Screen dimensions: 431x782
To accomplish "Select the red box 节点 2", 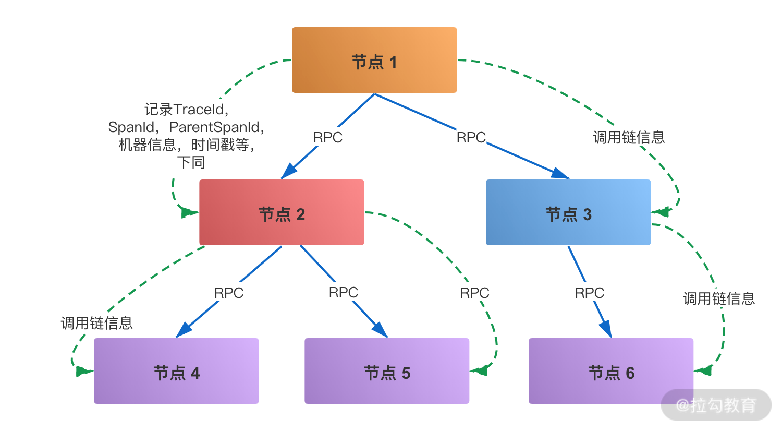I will [x=282, y=213].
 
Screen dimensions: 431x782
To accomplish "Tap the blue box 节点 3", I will [x=568, y=213].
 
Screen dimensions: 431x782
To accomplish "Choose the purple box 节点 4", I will [x=176, y=372].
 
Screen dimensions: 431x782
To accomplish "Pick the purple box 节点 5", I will [x=387, y=372].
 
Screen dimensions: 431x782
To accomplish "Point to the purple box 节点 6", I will [x=611, y=372].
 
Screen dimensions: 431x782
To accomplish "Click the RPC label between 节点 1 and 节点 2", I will [x=328, y=137].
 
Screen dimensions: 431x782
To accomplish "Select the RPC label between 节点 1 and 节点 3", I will [x=471, y=137].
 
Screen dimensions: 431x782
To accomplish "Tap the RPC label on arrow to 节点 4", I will [x=229, y=293].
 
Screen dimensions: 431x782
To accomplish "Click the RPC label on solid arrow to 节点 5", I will [x=344, y=292].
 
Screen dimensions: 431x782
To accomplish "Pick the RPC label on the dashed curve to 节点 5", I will [x=474, y=293].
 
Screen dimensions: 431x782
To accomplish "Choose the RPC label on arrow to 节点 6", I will [x=590, y=293].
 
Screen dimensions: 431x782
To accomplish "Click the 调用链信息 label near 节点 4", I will [x=97, y=323].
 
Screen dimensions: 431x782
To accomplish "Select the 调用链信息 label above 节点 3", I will [x=629, y=137].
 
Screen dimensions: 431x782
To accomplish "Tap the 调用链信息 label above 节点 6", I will [x=719, y=298].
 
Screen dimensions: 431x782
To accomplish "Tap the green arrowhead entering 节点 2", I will [x=188, y=212].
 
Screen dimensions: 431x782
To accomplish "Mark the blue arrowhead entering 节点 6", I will [x=606, y=329].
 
